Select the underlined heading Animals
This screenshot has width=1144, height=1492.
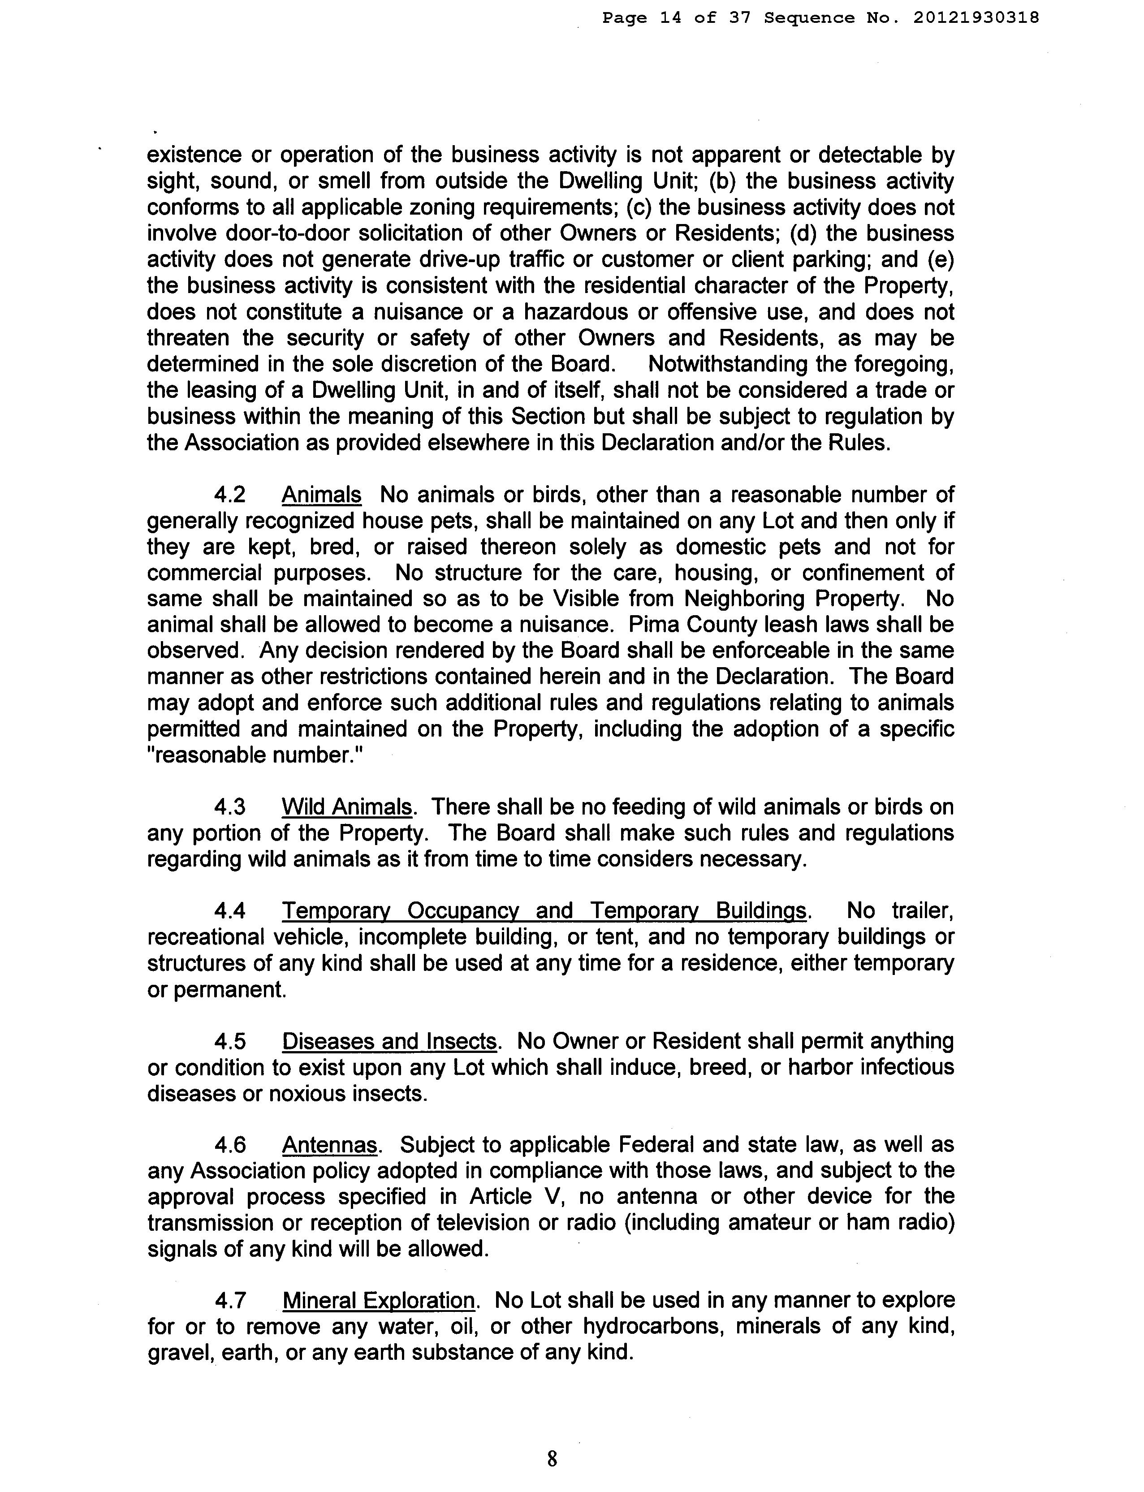321,495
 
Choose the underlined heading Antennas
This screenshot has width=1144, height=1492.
330,1145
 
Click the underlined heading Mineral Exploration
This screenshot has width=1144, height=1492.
379,1301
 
